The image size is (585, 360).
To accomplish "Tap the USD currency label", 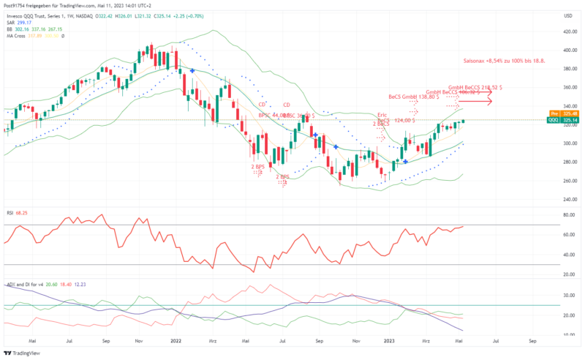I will [x=567, y=15].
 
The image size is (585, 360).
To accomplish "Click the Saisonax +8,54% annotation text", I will [x=504, y=61].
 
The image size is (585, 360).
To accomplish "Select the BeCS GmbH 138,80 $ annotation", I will [x=413, y=97].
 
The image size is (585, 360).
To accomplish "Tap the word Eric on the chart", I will [x=381, y=115].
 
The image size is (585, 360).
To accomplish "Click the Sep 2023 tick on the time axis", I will [x=532, y=341].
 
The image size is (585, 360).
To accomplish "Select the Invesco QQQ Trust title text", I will [x=33, y=15].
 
